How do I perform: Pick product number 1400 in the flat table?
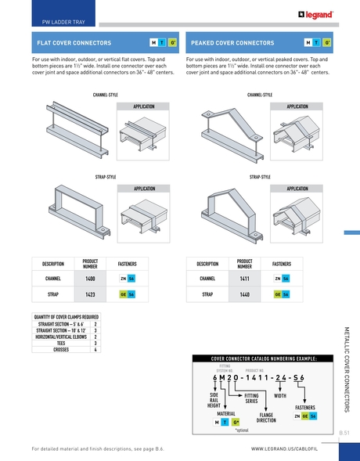point(90,278)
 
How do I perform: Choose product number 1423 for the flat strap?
point(90,294)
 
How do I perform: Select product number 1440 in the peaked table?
point(244,294)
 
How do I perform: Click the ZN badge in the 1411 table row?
point(277,278)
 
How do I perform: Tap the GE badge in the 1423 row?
point(123,294)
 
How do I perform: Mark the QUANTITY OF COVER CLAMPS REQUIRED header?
point(66,317)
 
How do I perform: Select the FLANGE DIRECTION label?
point(267,416)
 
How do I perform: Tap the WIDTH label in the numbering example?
point(280,396)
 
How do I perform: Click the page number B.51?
point(344,431)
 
